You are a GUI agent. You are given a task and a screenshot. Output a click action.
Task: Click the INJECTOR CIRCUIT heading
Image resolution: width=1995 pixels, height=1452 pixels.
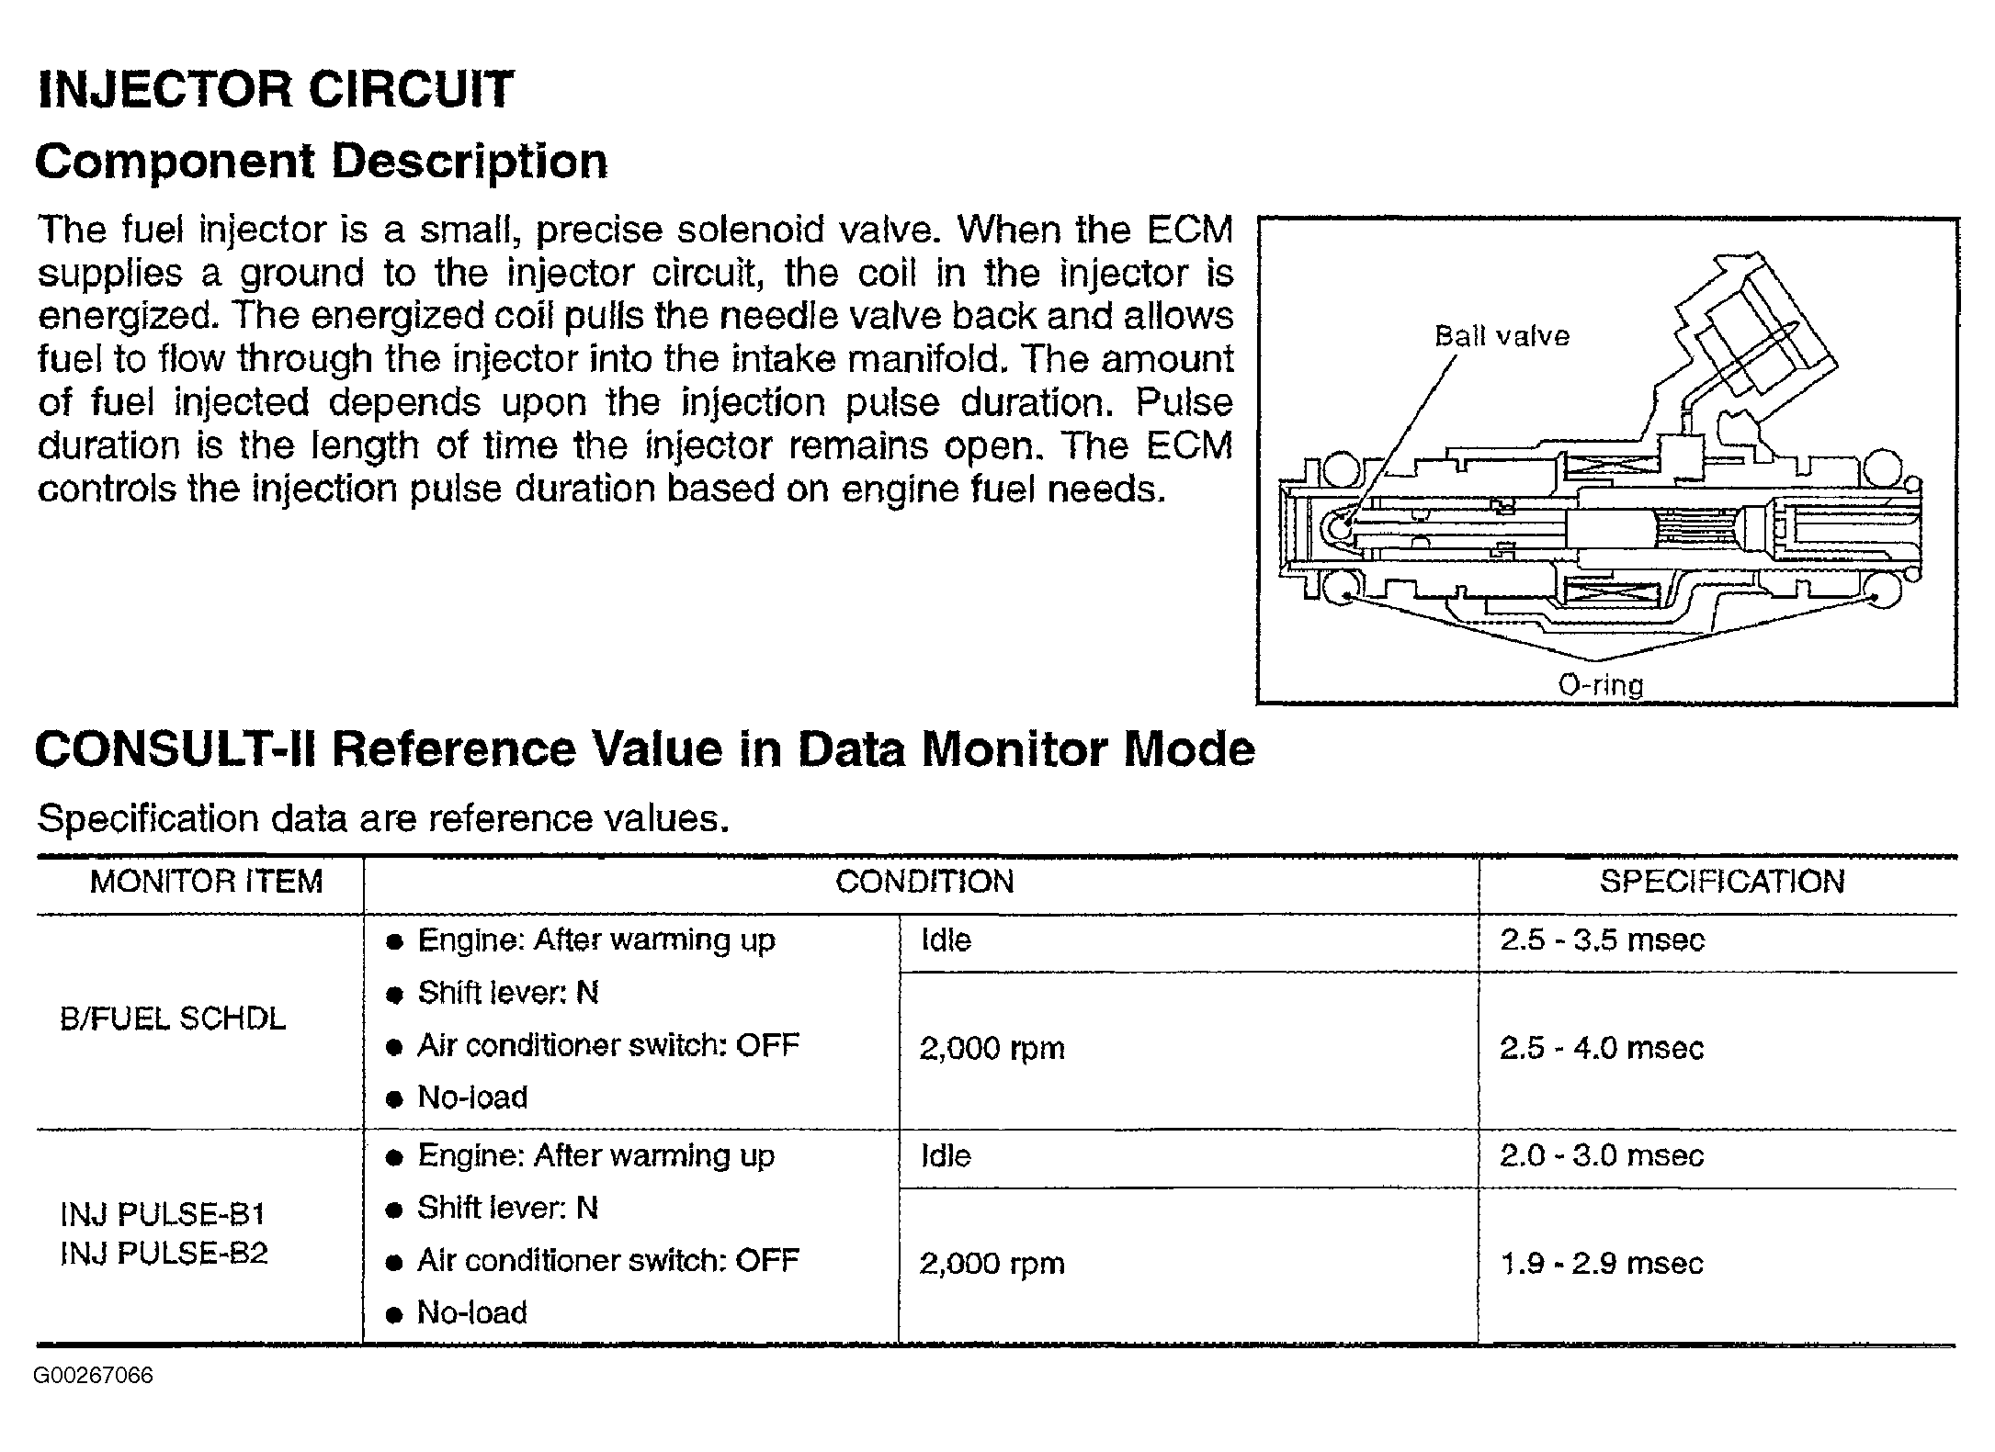point(275,89)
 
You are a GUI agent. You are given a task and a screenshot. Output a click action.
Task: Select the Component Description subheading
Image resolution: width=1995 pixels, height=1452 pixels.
point(321,162)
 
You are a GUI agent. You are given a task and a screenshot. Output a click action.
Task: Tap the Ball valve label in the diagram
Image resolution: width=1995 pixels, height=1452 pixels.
point(1502,336)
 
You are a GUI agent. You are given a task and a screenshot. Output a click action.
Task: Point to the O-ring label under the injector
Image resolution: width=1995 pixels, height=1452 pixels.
point(1600,684)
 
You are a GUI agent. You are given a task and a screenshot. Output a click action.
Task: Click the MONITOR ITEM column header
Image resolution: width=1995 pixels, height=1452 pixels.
point(206,882)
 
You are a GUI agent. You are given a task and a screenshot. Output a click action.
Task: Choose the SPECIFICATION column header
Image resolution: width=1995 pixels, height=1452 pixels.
point(1721,882)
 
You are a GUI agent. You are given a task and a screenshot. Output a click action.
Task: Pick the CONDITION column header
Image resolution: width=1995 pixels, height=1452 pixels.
point(924,882)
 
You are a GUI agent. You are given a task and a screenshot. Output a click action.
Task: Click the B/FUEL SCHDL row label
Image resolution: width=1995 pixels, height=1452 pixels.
point(173,1019)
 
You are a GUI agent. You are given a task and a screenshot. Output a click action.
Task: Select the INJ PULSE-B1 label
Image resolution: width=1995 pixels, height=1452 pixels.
point(163,1214)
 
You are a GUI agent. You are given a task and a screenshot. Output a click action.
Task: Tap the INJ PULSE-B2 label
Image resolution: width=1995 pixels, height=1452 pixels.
point(164,1253)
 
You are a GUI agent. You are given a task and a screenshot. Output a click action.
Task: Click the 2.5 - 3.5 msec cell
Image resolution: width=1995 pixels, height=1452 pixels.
point(1602,940)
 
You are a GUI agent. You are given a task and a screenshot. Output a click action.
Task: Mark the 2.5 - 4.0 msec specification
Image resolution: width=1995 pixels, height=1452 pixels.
point(1602,1048)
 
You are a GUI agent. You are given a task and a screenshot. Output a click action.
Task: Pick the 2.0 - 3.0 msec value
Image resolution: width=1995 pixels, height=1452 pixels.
point(1602,1155)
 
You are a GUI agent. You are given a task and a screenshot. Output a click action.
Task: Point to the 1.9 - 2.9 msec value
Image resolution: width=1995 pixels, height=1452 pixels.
point(1602,1264)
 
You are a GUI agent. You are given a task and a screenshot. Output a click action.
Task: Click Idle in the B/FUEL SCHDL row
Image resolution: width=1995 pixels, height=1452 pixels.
point(946,940)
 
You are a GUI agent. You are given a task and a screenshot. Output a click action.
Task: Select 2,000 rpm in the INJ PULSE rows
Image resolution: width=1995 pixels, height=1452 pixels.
point(992,1264)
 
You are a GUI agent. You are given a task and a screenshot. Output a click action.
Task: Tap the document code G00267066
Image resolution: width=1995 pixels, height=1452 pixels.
point(94,1376)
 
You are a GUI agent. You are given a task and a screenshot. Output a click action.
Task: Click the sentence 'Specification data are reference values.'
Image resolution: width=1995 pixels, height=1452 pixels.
point(383,818)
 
